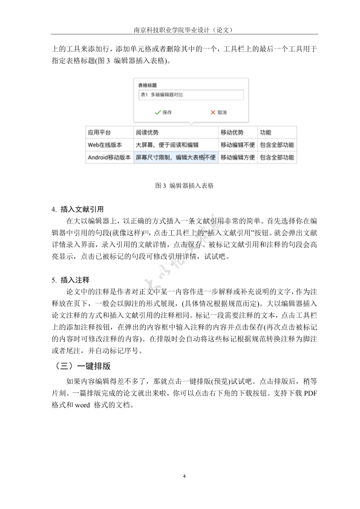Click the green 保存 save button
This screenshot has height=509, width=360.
(x=163, y=112)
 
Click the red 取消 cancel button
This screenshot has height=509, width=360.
(x=218, y=112)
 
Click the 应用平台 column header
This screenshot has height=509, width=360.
(x=99, y=132)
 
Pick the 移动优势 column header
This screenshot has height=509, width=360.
(x=232, y=132)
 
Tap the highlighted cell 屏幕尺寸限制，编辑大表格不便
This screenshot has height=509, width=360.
(x=175, y=158)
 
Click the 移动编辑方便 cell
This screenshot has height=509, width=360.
(x=237, y=158)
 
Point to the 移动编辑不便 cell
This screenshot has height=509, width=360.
(x=237, y=145)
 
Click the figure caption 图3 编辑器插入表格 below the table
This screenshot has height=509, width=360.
(x=180, y=185)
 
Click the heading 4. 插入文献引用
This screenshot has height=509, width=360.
(x=78, y=209)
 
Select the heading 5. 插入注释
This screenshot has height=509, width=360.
(x=71, y=280)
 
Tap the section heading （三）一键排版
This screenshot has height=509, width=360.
(x=83, y=366)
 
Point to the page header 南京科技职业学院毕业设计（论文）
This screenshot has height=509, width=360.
(x=180, y=30)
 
